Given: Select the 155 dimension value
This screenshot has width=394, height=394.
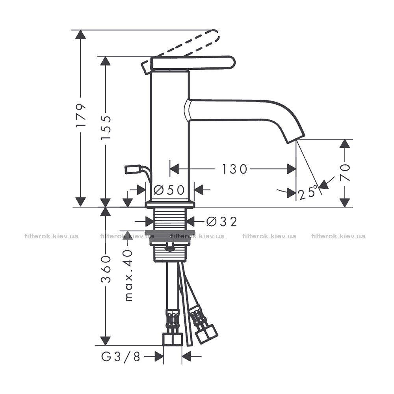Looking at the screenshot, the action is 106,128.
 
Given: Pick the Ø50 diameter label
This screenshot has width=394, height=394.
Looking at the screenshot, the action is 169,190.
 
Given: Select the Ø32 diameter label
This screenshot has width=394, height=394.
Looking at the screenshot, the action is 221,221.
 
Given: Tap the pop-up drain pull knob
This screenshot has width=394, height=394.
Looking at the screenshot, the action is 132,169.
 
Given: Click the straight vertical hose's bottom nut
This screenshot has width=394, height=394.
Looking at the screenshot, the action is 173,339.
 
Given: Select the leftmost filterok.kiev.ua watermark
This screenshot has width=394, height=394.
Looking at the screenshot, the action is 52,236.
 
